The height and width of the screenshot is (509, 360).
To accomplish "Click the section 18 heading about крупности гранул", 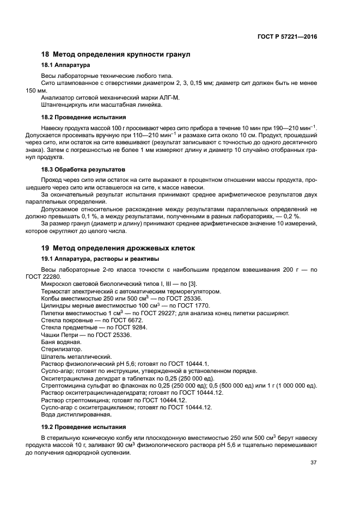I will click(116, 54).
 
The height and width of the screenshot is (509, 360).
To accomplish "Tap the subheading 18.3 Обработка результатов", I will click(83, 169).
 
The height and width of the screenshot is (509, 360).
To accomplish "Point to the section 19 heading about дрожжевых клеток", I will click(118, 248).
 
